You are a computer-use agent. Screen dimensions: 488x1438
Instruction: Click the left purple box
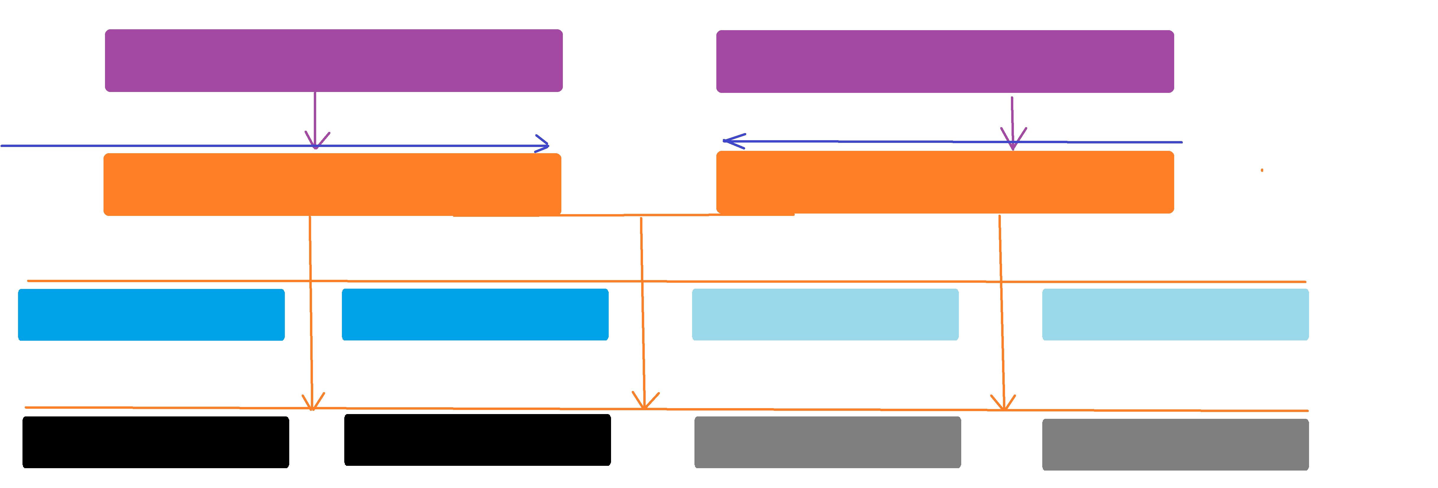(x=333, y=60)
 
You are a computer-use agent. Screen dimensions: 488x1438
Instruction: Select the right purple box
(x=945, y=62)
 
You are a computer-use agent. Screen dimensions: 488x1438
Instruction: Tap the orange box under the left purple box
(x=332, y=184)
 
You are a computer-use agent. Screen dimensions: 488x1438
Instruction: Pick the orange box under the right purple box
(x=945, y=182)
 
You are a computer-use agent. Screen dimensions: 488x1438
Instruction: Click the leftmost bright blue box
(x=151, y=314)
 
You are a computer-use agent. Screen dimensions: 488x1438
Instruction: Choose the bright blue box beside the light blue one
(x=475, y=314)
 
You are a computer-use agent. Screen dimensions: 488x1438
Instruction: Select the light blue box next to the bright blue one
(x=825, y=314)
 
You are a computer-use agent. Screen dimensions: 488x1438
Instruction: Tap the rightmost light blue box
(x=1175, y=314)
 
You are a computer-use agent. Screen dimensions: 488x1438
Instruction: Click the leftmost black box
(x=156, y=442)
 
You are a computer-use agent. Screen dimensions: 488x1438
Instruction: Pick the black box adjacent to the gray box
(x=477, y=439)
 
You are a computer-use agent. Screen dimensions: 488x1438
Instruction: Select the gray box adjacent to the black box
(x=827, y=442)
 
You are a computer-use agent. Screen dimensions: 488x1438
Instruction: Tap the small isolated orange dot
(x=1262, y=170)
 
